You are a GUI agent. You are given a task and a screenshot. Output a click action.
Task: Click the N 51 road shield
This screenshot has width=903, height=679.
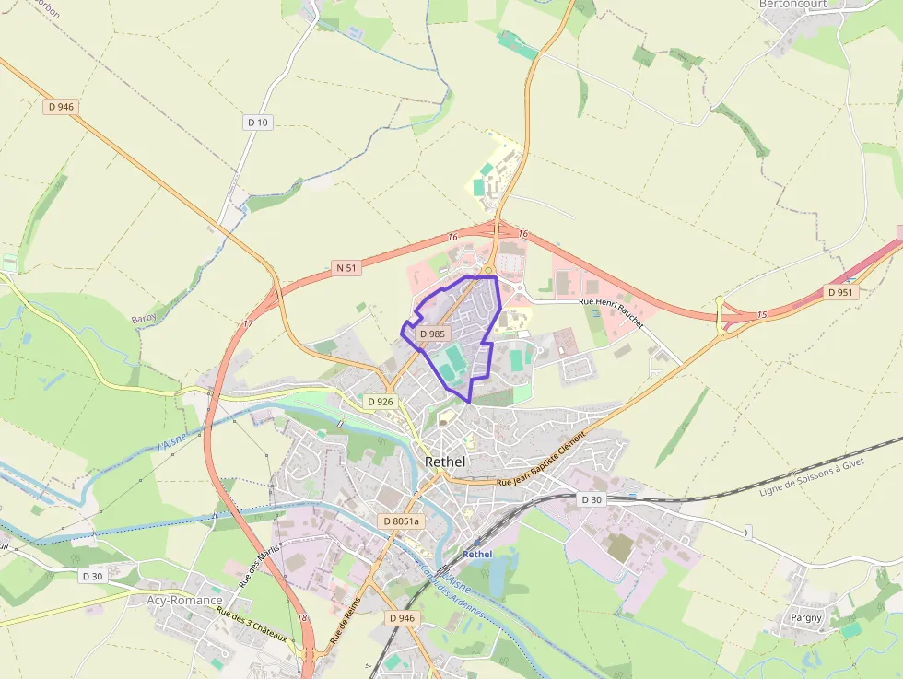tap(346, 268)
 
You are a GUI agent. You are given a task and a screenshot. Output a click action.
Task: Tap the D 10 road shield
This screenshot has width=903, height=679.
tap(258, 123)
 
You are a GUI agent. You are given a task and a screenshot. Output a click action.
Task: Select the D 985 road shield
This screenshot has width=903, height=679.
tap(431, 334)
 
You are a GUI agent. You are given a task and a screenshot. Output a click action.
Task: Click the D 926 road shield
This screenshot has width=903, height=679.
tap(380, 402)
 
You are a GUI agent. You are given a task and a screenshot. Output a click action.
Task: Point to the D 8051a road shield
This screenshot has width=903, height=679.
tap(400, 521)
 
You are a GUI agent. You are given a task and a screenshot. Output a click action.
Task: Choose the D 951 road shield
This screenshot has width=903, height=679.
tap(839, 292)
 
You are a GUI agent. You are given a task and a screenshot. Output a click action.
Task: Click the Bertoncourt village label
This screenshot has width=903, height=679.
tap(792, 5)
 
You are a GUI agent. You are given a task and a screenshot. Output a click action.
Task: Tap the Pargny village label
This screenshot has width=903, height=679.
tap(805, 617)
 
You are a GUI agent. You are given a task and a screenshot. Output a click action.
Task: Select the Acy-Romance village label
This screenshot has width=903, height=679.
tap(184, 600)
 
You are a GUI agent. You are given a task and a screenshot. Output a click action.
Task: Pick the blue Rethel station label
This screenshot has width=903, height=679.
tap(477, 554)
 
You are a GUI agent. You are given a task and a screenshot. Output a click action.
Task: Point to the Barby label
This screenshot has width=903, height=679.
tap(144, 318)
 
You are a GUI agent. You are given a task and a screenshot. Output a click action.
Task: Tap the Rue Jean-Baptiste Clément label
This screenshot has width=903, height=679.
tap(541, 459)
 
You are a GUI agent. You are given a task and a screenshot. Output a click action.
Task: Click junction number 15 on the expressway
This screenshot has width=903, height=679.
tap(761, 315)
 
